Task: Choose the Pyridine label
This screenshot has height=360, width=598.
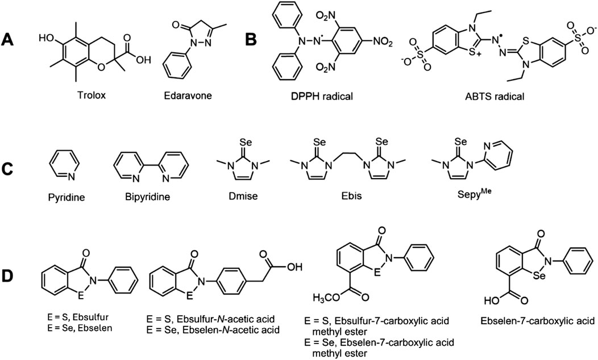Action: point(60,200)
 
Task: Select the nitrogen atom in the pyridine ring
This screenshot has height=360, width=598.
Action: point(60,177)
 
